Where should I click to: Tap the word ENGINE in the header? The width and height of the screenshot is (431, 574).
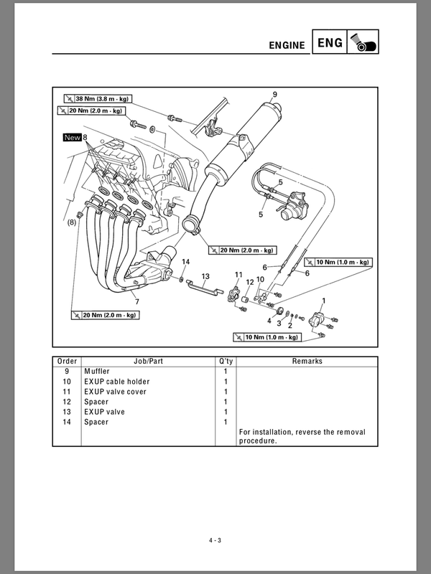pyautogui.click(x=287, y=45)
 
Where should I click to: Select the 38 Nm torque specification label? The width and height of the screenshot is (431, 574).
pyautogui.click(x=97, y=99)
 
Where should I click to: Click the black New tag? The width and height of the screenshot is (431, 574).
pyautogui.click(x=72, y=137)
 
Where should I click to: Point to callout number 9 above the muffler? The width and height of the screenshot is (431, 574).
pyautogui.click(x=274, y=94)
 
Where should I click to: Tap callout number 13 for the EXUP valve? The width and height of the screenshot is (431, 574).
pyautogui.click(x=205, y=276)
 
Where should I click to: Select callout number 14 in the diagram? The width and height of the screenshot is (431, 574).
pyautogui.click(x=185, y=261)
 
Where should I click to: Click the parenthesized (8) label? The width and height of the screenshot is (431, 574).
pyautogui.click(x=72, y=223)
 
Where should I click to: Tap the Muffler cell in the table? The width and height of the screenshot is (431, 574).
pyautogui.click(x=98, y=371)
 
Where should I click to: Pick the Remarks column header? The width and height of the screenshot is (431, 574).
pyautogui.click(x=307, y=361)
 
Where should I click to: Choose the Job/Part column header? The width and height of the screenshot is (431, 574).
pyautogui.click(x=149, y=361)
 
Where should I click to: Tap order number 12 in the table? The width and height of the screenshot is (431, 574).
pyautogui.click(x=67, y=402)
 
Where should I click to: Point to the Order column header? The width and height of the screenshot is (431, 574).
pyautogui.click(x=67, y=361)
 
